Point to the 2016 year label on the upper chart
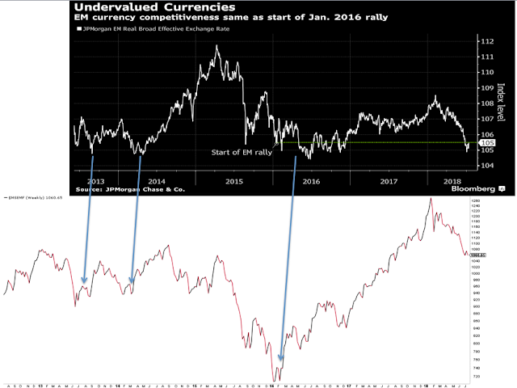point(310,181)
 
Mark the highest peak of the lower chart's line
point(431,198)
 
